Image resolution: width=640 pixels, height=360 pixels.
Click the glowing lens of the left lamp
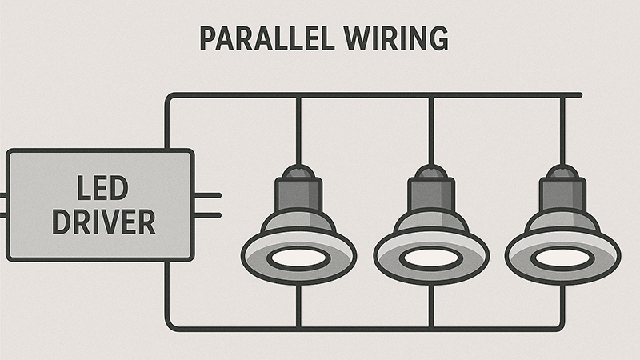(298, 258)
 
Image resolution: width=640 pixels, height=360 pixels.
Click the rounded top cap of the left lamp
(298, 170)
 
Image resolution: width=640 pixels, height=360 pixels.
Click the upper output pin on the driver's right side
(207, 194)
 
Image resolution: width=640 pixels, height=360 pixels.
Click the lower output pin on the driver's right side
(207, 214)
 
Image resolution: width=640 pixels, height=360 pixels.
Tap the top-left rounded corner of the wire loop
(170, 98)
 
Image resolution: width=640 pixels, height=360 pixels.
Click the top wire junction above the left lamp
(298, 95)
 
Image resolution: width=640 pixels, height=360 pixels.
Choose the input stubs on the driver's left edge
(3, 204)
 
